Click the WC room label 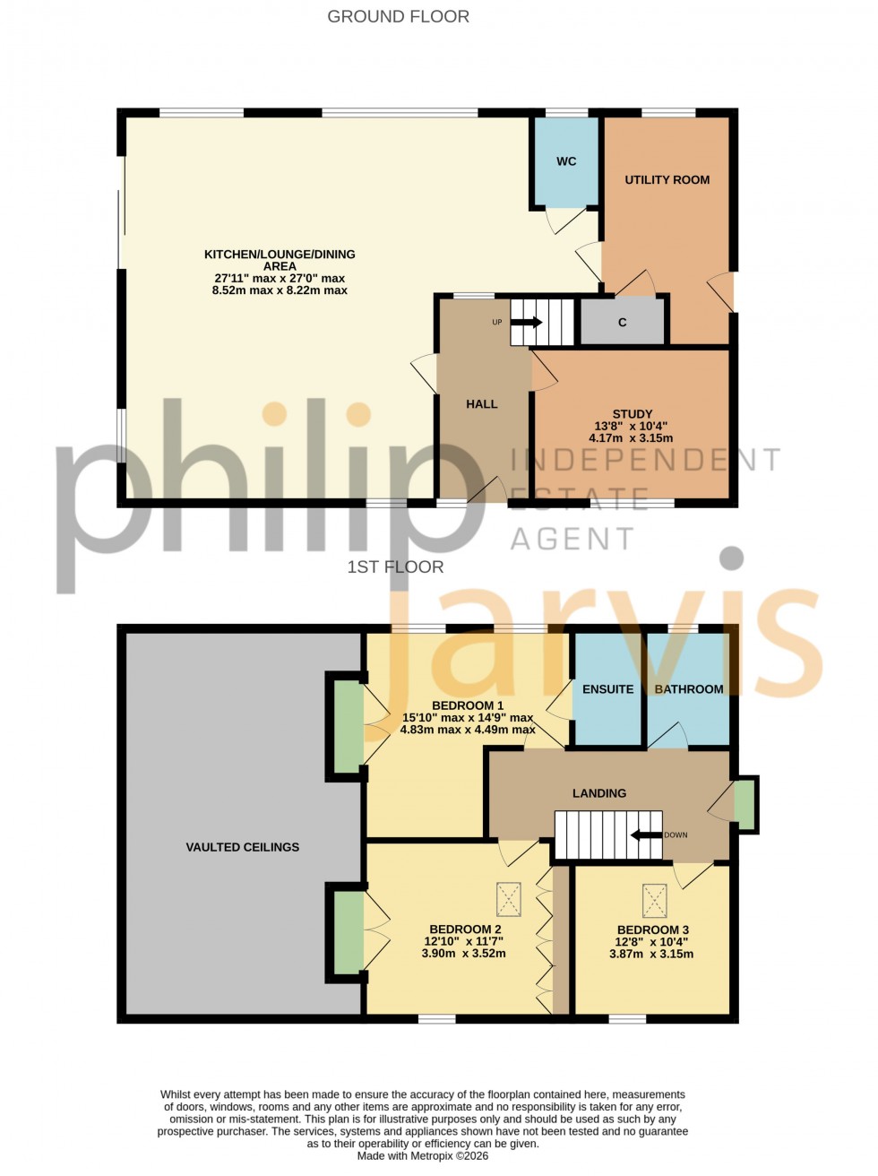566,161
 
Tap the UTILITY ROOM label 667,179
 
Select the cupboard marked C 623,322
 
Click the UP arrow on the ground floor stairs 527,322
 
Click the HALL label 481,404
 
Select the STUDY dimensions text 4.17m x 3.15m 631,438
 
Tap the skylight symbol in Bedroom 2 509,899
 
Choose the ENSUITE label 607,689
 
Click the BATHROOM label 689,689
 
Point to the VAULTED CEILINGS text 242,847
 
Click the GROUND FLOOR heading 398,16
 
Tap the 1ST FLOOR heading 395,566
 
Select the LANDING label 599,793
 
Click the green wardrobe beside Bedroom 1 349,726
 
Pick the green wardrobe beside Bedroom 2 349,933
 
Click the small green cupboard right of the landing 744,805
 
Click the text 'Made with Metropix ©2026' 423,1156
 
